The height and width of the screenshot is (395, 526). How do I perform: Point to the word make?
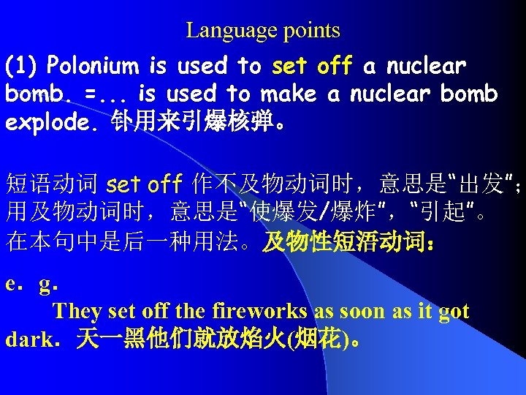pos(290,94)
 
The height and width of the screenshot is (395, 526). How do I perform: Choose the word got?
pos(454,312)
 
